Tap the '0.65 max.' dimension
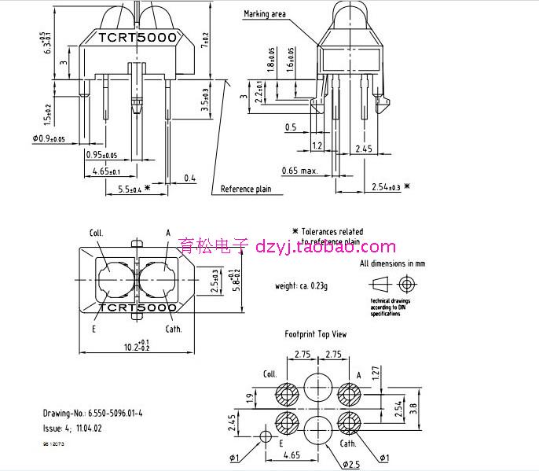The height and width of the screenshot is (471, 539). (300, 170)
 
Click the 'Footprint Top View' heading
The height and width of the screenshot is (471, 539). (315, 334)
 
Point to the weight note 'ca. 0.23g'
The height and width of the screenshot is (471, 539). (301, 285)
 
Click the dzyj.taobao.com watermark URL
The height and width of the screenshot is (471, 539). (326, 247)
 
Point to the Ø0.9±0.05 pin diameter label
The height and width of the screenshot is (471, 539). (49, 139)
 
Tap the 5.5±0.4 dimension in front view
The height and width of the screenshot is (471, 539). (124, 189)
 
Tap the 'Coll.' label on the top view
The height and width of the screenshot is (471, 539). (97, 233)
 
